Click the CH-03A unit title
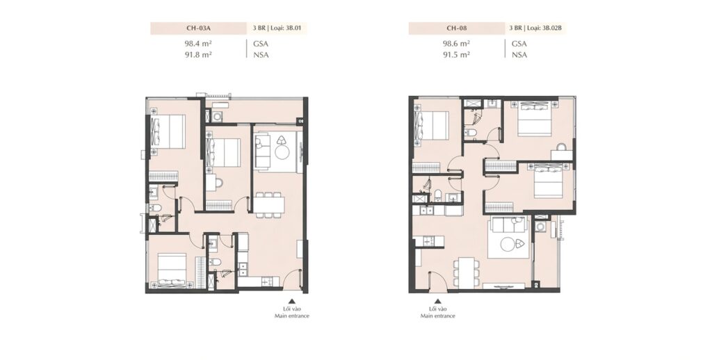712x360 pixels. click(x=199, y=28)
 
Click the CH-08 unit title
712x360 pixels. click(x=457, y=28)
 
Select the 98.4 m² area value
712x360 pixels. click(x=198, y=44)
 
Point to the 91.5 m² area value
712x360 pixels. click(x=456, y=54)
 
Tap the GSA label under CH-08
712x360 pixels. click(x=519, y=44)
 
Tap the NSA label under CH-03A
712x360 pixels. click(x=261, y=55)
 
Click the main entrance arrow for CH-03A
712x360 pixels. click(x=292, y=300)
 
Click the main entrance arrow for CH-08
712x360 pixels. click(x=438, y=300)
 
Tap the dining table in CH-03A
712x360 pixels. click(x=269, y=204)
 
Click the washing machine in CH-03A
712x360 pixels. click(x=218, y=116)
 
